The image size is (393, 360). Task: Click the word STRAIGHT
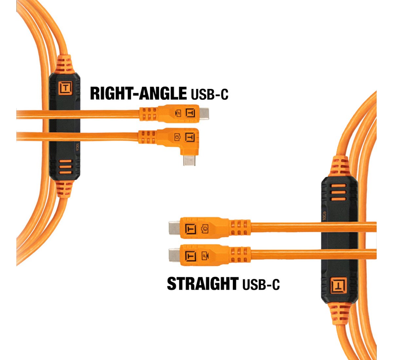(202, 283)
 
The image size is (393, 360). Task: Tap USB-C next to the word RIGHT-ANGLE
(209, 95)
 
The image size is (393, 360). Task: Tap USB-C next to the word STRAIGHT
(261, 284)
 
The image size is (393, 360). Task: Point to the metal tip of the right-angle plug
(189, 161)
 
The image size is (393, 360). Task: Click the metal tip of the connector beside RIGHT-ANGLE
(205, 113)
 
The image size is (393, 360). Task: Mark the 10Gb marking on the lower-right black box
(324, 216)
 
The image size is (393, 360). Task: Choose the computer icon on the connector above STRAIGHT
(204, 255)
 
